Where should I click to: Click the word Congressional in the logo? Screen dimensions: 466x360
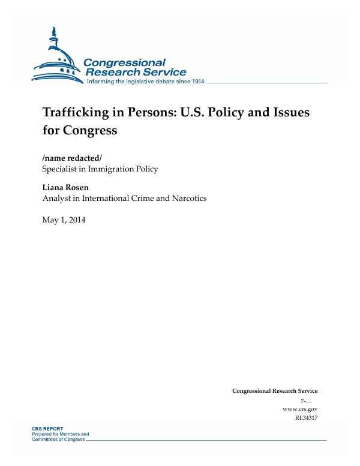tap(124, 62)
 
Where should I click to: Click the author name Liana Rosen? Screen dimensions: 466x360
tap(65, 187)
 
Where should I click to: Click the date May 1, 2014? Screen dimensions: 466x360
tap(64, 220)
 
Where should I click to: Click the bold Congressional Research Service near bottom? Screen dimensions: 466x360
tap(274, 391)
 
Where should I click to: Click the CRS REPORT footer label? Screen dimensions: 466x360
tap(47, 429)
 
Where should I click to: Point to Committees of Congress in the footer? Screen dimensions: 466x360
tap(58, 439)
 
